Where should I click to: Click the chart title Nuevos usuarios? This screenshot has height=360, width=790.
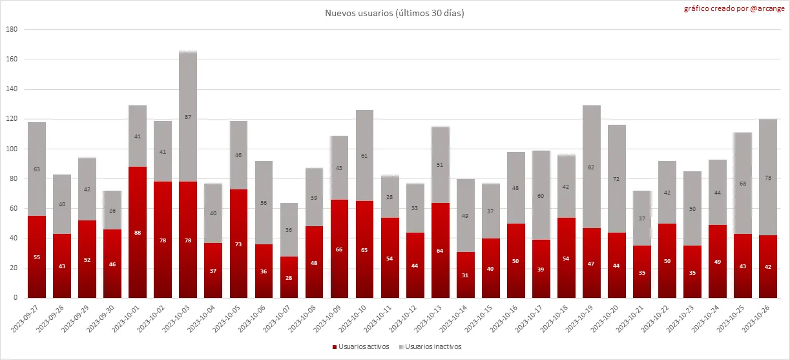pyautogui.click(x=394, y=13)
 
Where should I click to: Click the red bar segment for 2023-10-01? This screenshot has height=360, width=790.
pyautogui.click(x=138, y=232)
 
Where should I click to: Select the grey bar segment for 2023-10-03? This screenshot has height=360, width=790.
pyautogui.click(x=188, y=116)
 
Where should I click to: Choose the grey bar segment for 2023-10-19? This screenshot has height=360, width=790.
pyautogui.click(x=592, y=167)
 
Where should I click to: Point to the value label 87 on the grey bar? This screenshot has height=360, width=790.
pyautogui.click(x=188, y=117)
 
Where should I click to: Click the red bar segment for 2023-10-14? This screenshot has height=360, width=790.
pyautogui.click(x=465, y=275)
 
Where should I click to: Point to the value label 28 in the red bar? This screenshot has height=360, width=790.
pyautogui.click(x=289, y=277)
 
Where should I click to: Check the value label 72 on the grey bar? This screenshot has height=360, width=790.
pyautogui.click(x=617, y=178)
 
